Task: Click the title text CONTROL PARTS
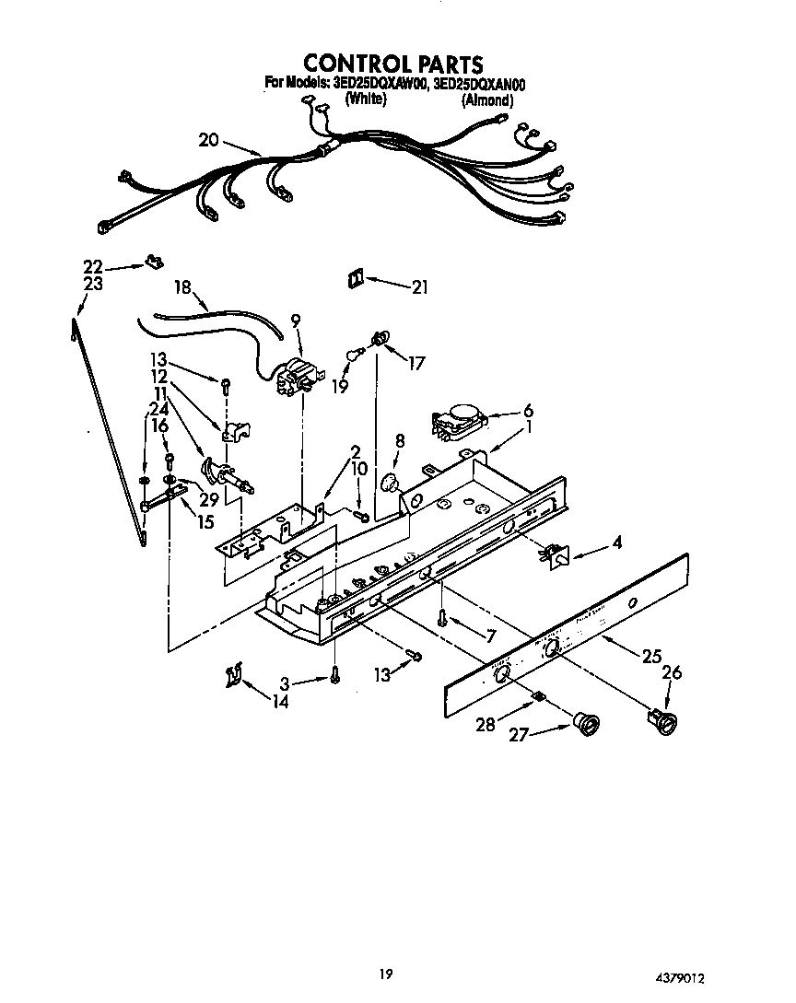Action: pos(393,64)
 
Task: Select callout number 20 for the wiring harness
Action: pos(209,140)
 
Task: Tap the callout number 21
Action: pos(419,287)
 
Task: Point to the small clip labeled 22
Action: pos(153,263)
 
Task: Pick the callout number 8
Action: pos(399,441)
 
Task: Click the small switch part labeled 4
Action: pos(555,555)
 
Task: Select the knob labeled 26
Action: pos(660,719)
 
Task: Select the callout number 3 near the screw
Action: pos(285,683)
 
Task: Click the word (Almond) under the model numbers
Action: pos(486,100)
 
